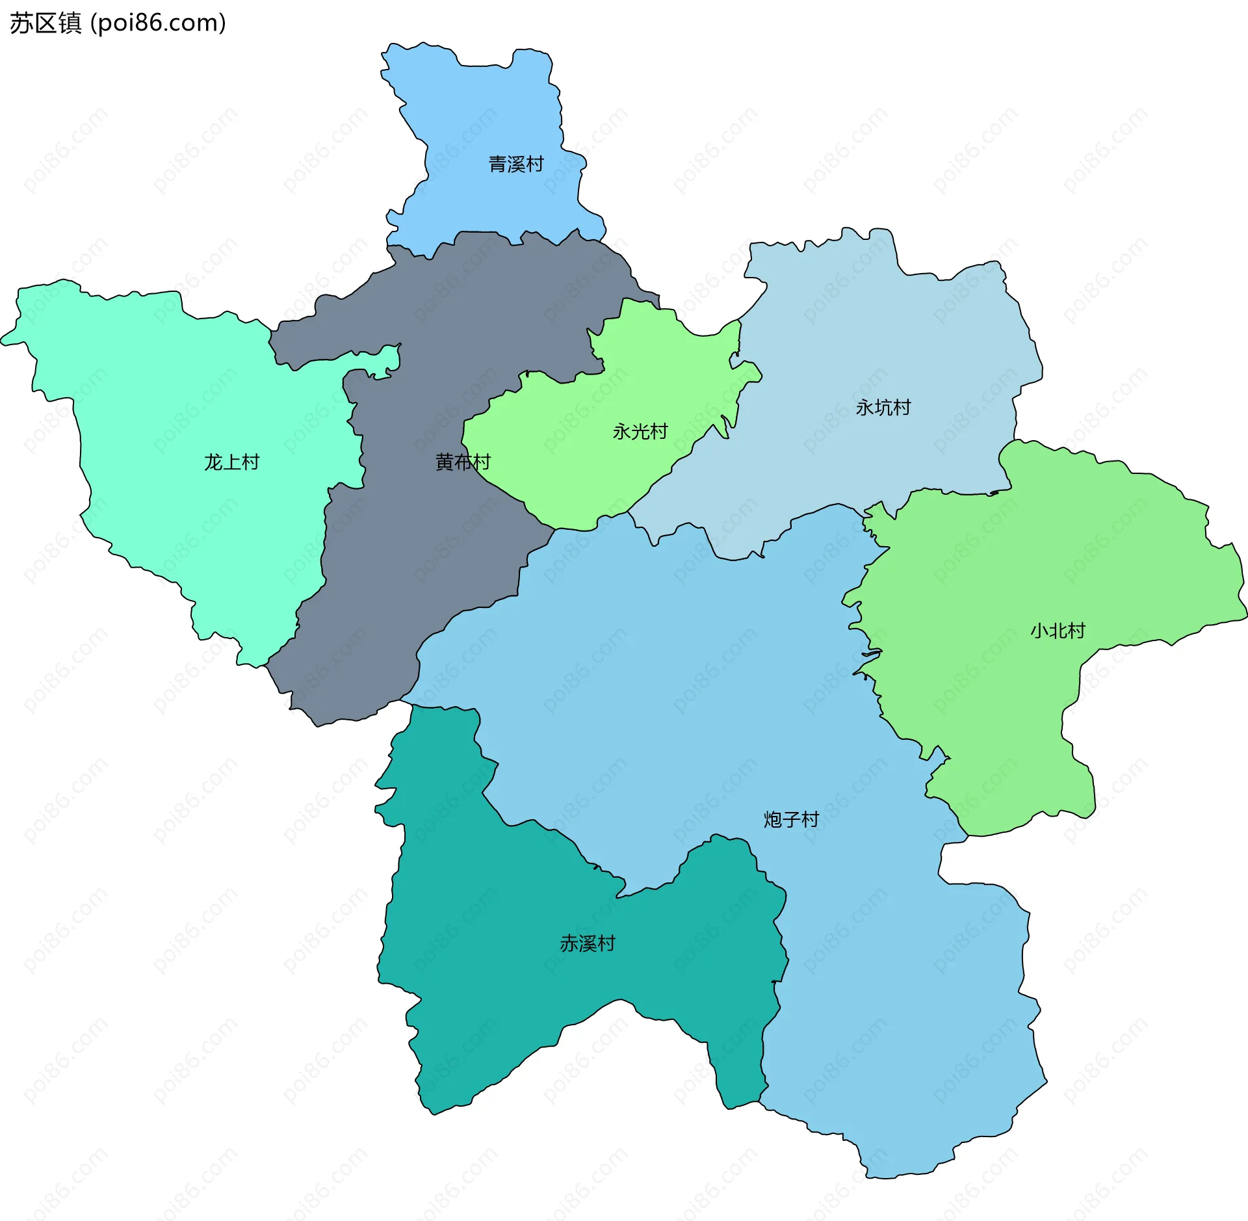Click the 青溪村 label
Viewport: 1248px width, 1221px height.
515,164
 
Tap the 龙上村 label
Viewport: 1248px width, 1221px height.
231,462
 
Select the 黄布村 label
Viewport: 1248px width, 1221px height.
462,462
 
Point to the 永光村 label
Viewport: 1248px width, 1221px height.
640,432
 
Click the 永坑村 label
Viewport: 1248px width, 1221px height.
883,408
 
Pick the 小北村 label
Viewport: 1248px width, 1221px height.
1058,631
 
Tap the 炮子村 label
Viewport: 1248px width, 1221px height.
791,819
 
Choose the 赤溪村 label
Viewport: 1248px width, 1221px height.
587,943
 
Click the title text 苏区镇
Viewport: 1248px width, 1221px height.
45,23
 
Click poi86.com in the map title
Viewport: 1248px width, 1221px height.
158,23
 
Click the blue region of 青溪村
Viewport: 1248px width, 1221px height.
494,117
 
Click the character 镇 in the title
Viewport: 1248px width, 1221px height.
70,23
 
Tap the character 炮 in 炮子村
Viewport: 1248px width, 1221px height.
772,819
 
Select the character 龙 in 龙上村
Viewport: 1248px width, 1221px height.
213,462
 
